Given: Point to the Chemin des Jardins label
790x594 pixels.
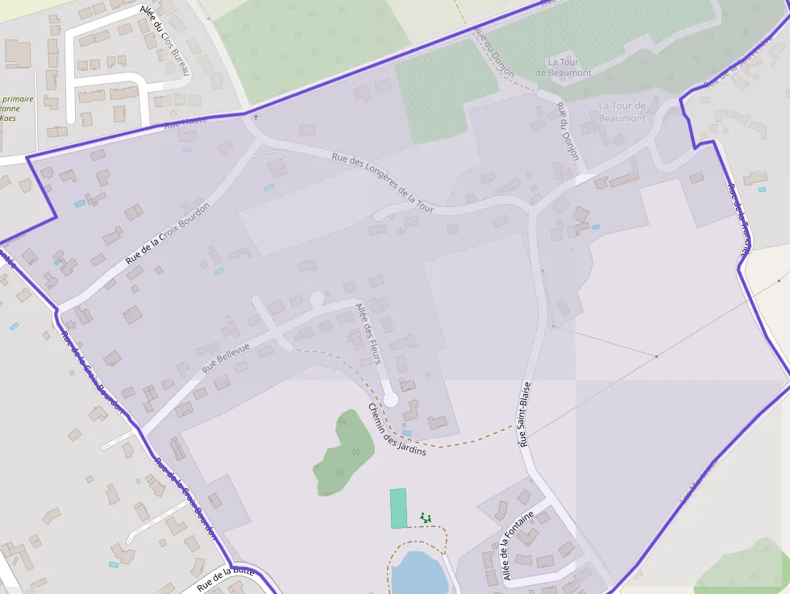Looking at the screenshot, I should (397, 430).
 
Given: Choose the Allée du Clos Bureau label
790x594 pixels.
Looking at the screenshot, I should (165, 41).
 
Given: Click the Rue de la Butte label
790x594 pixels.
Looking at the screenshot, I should (226, 579).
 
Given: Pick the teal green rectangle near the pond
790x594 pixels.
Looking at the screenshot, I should (398, 509).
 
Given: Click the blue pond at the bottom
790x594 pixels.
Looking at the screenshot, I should (418, 573).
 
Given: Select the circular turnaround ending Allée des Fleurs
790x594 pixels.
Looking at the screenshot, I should (390, 399).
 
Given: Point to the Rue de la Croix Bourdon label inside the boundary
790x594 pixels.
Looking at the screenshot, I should (168, 234).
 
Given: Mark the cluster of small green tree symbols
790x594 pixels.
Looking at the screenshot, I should (426, 517).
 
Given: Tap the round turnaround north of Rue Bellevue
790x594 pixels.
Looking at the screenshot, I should (317, 299).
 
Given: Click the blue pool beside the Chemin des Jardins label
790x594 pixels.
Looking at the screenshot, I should (407, 433).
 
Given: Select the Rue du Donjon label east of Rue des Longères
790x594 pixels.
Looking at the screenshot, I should (568, 131).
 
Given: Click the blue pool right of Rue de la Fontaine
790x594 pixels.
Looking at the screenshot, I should (762, 189).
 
